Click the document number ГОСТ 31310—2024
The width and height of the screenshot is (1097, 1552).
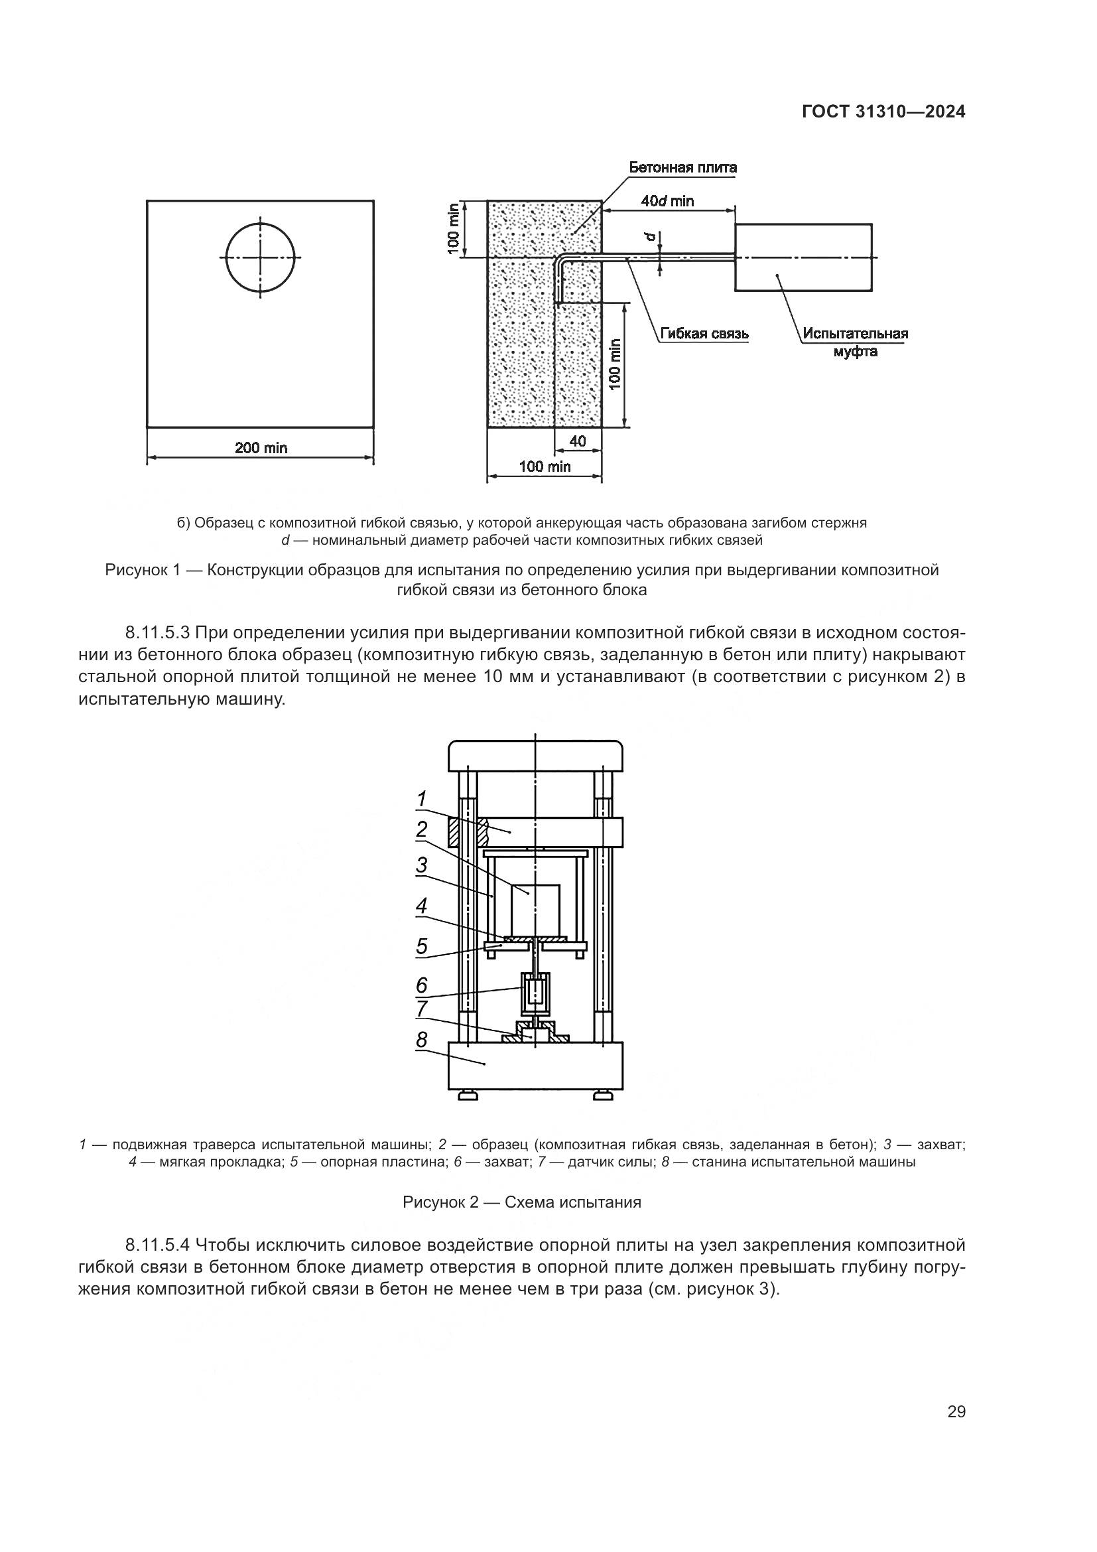tap(883, 112)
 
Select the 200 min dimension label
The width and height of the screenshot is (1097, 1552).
tap(261, 447)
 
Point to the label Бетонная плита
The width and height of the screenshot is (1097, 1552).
tap(682, 167)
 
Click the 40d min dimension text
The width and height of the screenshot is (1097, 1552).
tap(667, 201)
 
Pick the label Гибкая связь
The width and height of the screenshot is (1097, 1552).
tap(704, 334)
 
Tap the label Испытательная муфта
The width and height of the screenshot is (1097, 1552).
tap(855, 342)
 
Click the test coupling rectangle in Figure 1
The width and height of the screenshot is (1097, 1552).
tap(803, 257)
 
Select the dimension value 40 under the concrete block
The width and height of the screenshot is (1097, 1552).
tap(578, 441)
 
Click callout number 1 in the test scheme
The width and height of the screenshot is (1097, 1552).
tap(422, 799)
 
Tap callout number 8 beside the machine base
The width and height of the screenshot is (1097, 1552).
tap(422, 1040)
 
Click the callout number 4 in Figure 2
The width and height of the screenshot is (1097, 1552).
tap(422, 906)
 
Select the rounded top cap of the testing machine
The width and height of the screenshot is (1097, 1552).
tap(536, 756)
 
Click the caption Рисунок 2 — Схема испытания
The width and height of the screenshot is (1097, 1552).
tap(521, 1202)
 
